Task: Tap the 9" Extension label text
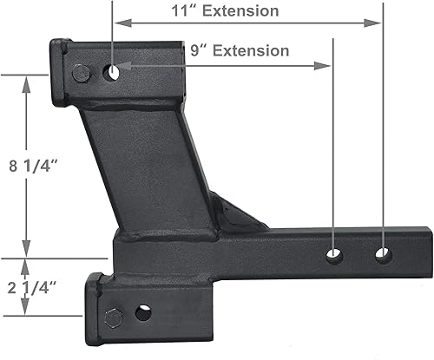pyautogui.click(x=240, y=50)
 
